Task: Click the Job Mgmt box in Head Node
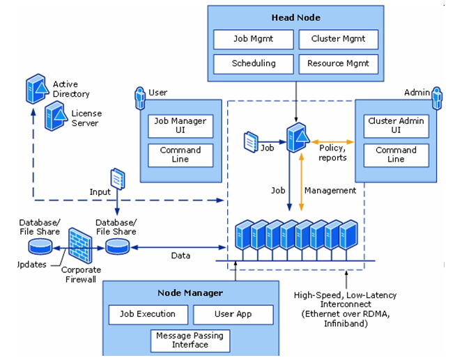tap(253, 39)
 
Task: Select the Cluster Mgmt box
tap(339, 39)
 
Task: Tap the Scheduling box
tap(253, 64)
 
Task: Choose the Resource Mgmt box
tap(339, 64)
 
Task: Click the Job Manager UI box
tap(180, 125)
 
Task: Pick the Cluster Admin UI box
tap(395, 125)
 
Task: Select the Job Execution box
tap(147, 314)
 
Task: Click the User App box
tap(232, 314)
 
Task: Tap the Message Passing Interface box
tap(190, 341)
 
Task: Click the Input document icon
tap(116, 179)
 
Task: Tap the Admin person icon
tap(437, 97)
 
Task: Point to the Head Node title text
tap(295, 15)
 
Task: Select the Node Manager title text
tap(190, 292)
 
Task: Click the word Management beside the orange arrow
tap(331, 190)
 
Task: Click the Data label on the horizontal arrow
tap(180, 256)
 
